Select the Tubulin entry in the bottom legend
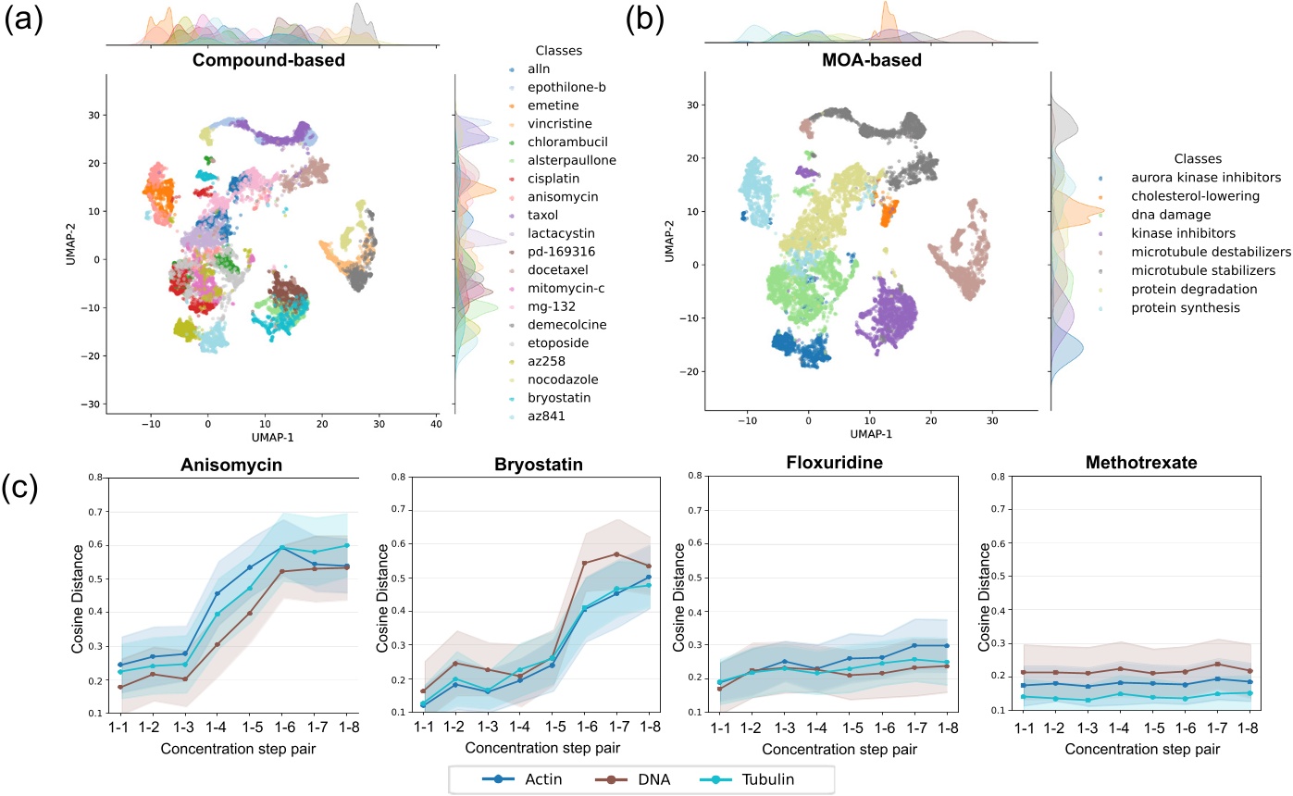pos(769,778)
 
